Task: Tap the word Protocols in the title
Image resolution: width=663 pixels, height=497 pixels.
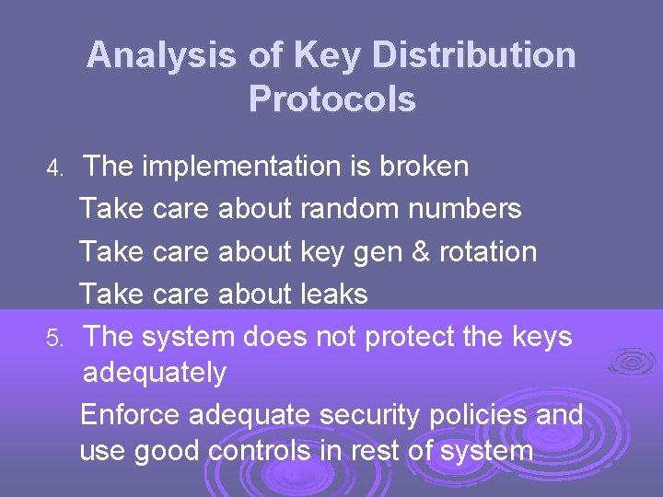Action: click(331, 99)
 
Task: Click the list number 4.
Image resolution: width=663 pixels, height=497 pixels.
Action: click(54, 168)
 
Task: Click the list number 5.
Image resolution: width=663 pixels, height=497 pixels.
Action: click(54, 339)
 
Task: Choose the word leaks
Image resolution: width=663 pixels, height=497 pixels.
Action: click(333, 294)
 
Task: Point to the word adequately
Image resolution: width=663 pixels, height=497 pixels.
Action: click(154, 373)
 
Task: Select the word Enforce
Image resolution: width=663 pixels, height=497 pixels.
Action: click(130, 415)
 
